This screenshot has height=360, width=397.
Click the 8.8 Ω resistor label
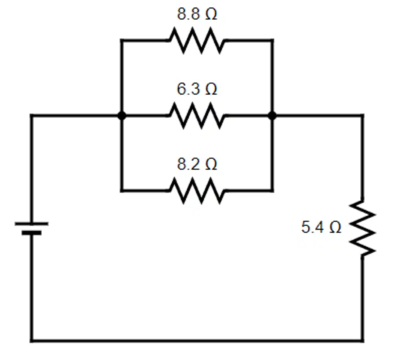(197, 14)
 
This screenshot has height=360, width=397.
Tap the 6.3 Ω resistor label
(197, 89)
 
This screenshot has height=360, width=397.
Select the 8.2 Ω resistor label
(197, 164)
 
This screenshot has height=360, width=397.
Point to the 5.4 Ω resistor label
(321, 227)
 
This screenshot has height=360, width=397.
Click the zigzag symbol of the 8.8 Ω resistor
(197, 41)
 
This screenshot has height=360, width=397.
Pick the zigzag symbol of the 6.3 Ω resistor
(197, 116)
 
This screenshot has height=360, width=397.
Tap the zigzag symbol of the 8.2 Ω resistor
(197, 191)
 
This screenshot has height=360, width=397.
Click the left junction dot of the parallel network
(122, 116)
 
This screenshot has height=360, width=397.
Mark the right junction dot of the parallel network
(272, 116)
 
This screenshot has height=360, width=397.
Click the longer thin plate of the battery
(32, 224)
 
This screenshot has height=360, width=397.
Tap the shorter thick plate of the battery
(32, 233)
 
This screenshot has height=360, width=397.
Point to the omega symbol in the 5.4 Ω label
(335, 227)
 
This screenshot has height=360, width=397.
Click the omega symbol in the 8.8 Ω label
(212, 14)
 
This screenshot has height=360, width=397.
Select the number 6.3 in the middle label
(188, 89)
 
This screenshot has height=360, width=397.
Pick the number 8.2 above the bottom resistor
(188, 164)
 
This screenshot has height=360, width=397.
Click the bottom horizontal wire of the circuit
(197, 340)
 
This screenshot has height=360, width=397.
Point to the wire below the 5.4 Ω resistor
(362, 298)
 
